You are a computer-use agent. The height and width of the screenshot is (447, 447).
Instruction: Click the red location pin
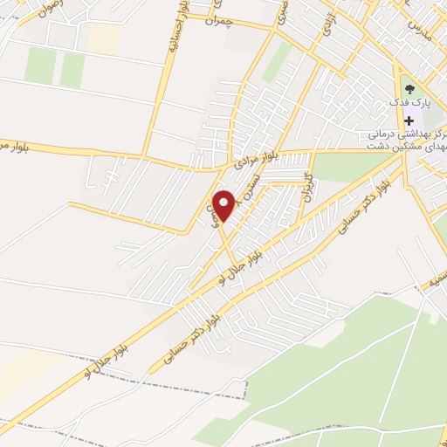224,205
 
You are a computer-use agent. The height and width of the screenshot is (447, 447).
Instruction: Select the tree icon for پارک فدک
409,88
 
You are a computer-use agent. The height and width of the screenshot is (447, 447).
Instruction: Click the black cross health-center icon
409,119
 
